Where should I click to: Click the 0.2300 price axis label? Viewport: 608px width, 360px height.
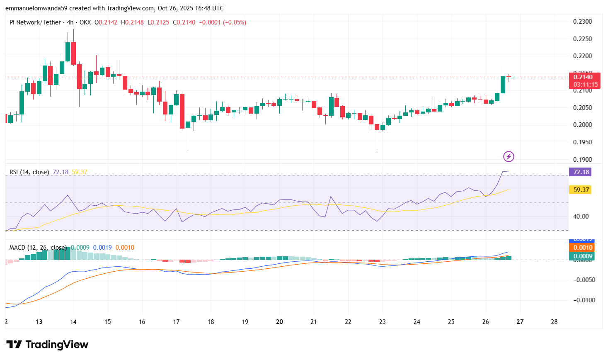[x=582, y=22]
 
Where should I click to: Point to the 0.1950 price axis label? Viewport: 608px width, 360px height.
[x=582, y=142]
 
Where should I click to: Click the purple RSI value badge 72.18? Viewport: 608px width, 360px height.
[x=581, y=172]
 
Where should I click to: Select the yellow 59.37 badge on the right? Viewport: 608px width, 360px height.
[x=581, y=190]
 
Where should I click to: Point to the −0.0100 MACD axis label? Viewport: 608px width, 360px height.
[x=584, y=300]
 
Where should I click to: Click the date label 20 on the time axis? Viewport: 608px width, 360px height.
[x=279, y=322]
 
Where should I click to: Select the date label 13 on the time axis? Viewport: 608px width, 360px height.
[x=39, y=322]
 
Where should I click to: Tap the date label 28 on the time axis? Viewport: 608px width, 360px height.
[x=554, y=322]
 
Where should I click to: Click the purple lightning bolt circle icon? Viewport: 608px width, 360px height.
[x=509, y=156]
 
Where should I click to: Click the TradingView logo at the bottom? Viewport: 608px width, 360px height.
[x=47, y=345]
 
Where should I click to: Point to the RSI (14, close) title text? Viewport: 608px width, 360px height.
[x=29, y=172]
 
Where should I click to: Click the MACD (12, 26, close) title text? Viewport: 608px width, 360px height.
[x=38, y=248]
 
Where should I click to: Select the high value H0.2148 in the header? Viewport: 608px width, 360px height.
[x=132, y=22]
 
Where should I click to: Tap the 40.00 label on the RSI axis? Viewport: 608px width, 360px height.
[x=581, y=216]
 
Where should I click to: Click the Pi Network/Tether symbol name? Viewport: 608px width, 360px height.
[x=35, y=22]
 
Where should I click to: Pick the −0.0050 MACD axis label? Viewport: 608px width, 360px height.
[x=584, y=280]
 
